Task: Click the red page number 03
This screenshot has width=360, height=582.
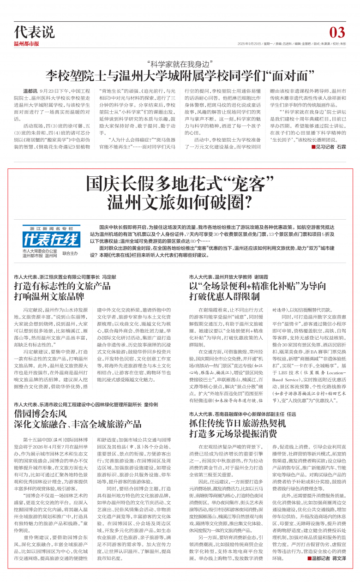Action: [x=337, y=32]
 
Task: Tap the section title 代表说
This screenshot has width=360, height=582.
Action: [x=35, y=32]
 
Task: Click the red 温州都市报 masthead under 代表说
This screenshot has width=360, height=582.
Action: [x=26, y=44]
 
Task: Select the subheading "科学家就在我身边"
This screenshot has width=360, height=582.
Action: [x=180, y=63]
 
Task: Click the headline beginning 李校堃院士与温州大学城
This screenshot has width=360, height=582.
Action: [x=180, y=75]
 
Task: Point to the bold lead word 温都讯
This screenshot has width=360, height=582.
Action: [x=31, y=91]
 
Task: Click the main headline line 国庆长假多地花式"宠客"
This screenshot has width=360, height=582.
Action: [x=180, y=185]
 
